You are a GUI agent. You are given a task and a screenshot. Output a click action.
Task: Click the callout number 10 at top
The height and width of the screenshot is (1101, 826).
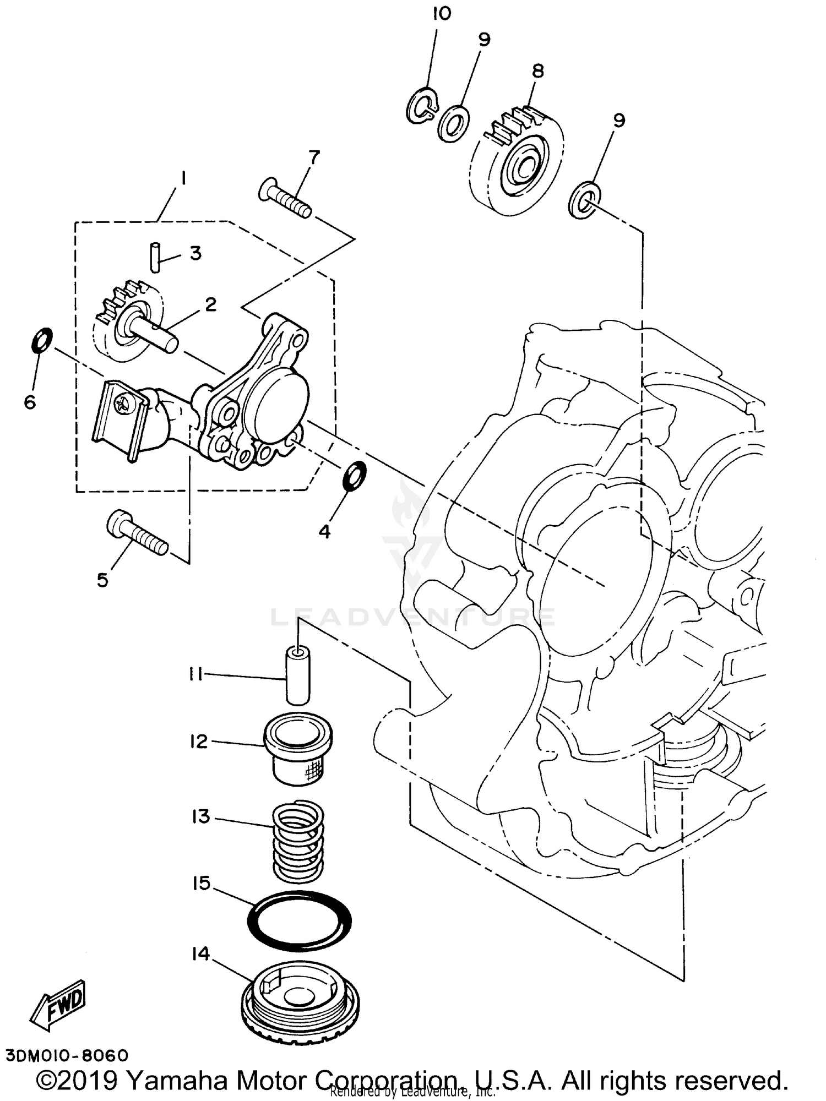pos(442,13)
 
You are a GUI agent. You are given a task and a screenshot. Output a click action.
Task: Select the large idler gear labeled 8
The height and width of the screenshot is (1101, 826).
pos(518,160)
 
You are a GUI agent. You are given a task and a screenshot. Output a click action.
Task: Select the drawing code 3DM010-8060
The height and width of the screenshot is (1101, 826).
pos(67,1055)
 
